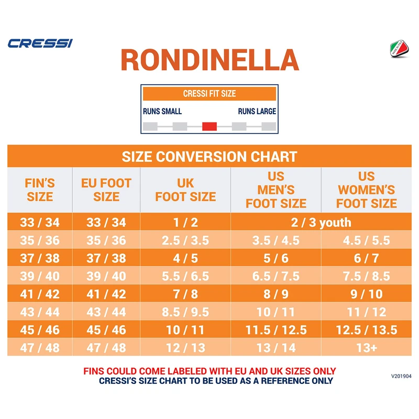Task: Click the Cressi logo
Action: click(x=40, y=42)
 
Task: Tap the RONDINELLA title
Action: click(x=210, y=60)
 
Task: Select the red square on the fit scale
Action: click(x=210, y=126)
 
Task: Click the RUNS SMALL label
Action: click(x=162, y=111)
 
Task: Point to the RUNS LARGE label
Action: click(x=257, y=111)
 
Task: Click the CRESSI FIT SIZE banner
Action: click(x=210, y=94)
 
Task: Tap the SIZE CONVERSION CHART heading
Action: click(x=210, y=156)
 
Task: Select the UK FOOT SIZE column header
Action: click(x=185, y=190)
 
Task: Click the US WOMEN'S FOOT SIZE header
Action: click(x=366, y=190)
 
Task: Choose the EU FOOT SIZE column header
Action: click(x=106, y=190)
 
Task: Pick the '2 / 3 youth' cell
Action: click(x=321, y=222)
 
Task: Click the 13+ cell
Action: click(x=366, y=348)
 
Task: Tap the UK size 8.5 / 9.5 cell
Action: click(x=185, y=312)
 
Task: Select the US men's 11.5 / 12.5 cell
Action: click(x=276, y=330)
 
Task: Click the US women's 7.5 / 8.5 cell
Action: click(x=366, y=276)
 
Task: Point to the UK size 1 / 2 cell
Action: click(x=185, y=222)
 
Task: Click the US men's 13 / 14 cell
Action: click(x=276, y=348)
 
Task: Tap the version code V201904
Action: click(x=401, y=376)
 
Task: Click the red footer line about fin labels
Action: click(x=210, y=371)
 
